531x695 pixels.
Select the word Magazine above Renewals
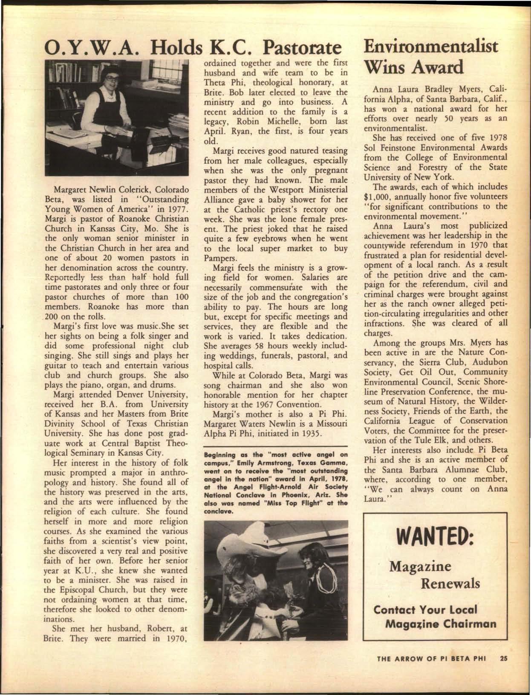tap(420, 567)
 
